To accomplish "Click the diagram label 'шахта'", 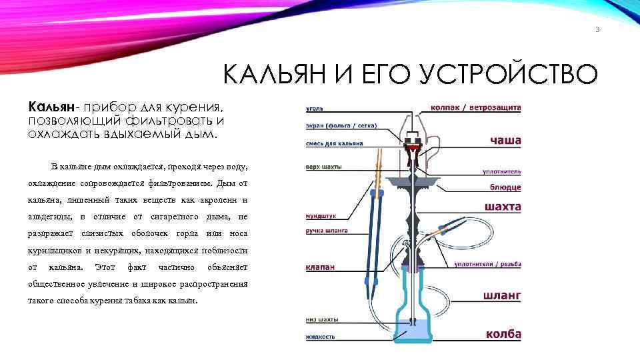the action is [x=503, y=207].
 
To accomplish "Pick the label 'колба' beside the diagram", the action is [x=503, y=334].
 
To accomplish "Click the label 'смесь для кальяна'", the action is [x=334, y=143].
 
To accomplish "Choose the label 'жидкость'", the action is [x=320, y=337].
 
